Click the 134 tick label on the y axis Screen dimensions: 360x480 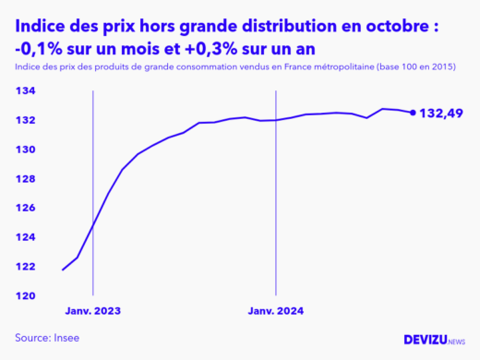point(25,90)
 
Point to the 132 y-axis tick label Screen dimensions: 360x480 point(25,120)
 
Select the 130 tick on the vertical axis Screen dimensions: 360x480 point(25,150)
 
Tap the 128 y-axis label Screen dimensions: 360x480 point(25,178)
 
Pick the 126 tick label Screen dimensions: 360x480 point(25,208)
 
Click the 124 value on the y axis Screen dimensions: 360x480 point(25,237)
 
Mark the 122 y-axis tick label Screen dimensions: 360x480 point(25,267)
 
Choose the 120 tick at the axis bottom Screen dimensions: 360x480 point(25,295)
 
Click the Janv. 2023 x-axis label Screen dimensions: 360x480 point(93,311)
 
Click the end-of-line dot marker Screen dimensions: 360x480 point(413,113)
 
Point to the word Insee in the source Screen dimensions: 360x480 point(64,338)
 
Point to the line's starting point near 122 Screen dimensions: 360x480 point(63,270)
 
